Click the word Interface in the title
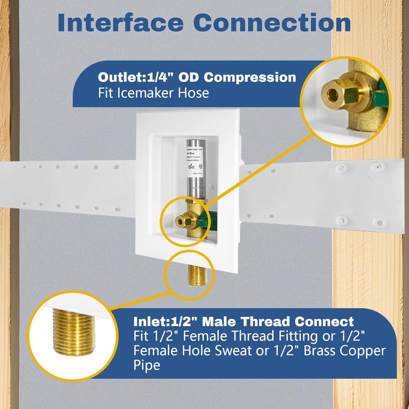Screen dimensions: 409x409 coord(120,23)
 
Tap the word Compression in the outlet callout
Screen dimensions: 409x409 coord(250,77)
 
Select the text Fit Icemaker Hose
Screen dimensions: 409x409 coord(153,93)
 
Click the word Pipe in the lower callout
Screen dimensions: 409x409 coord(146,365)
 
